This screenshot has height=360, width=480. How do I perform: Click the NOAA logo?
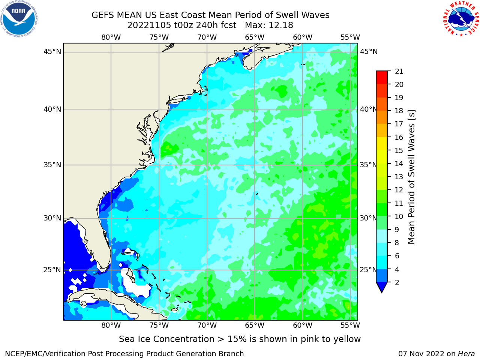(x=19, y=19)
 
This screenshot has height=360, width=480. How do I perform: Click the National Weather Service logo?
(x=461, y=18)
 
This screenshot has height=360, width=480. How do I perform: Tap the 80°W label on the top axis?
(x=111, y=37)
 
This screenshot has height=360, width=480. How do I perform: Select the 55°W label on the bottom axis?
(x=350, y=325)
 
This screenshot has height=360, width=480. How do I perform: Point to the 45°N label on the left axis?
(x=52, y=52)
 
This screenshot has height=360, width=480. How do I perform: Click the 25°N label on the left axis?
(x=52, y=270)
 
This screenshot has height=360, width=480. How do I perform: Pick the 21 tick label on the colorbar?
(x=399, y=72)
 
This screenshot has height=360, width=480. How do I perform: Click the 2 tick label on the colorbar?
(x=397, y=282)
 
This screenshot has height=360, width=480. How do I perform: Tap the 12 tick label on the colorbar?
(x=399, y=190)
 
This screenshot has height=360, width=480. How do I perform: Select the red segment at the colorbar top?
(x=382, y=77)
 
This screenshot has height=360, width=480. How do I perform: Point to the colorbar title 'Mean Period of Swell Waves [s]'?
(x=411, y=177)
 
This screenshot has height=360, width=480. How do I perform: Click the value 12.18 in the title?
(x=281, y=25)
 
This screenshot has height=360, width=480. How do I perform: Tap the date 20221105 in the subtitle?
(x=149, y=25)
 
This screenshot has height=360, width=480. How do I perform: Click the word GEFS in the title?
(x=103, y=15)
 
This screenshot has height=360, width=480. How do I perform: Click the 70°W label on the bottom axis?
(x=207, y=325)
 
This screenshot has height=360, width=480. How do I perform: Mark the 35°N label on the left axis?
(x=52, y=165)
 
